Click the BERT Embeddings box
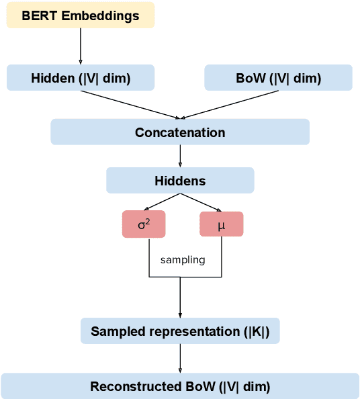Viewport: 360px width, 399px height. coord(81,15)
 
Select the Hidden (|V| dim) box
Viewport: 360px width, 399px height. coord(81,78)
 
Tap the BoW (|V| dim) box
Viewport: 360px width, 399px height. coord(278,78)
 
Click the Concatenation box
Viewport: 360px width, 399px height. coord(180,132)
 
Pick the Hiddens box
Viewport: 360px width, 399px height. coord(180,181)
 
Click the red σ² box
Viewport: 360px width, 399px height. coord(144,224)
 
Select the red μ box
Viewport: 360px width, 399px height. coord(221,224)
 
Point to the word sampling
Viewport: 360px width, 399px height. coord(183,259)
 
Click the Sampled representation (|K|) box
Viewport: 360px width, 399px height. coord(180,331)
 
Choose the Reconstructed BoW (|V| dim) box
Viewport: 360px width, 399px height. coord(180,387)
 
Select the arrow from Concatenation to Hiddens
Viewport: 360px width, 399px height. coord(180,156)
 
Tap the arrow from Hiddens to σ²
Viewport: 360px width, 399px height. coord(161,202)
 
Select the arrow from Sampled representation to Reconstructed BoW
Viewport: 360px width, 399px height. coord(180,359)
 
